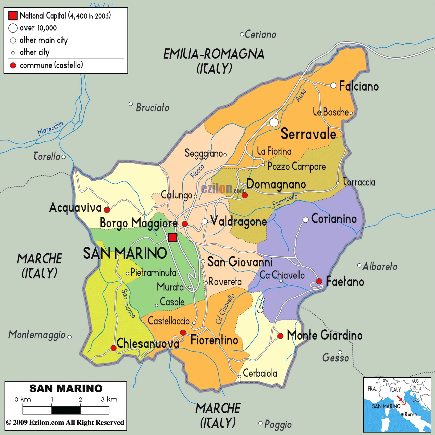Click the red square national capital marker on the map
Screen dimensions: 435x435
(173, 238)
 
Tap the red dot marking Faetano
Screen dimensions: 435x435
(319, 281)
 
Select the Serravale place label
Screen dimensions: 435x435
(308, 134)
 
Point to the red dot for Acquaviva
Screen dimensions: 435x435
(107, 210)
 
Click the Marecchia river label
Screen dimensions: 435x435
(50, 128)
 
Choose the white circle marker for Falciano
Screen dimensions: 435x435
(333, 85)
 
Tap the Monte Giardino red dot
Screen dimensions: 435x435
(280, 336)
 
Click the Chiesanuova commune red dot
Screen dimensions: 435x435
(113, 348)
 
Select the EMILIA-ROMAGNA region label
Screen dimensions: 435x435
(214, 54)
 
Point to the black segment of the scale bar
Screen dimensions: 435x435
(66, 410)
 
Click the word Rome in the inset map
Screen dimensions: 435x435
(411, 414)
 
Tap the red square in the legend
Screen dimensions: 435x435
(13, 16)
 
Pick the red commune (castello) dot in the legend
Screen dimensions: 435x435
(13, 65)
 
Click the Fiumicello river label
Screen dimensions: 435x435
(285, 201)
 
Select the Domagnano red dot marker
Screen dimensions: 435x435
(245, 195)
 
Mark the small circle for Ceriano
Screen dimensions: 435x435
(242, 34)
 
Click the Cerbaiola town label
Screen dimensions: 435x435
(260, 373)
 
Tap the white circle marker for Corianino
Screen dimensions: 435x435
(305, 220)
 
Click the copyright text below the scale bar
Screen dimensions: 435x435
(65, 422)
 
